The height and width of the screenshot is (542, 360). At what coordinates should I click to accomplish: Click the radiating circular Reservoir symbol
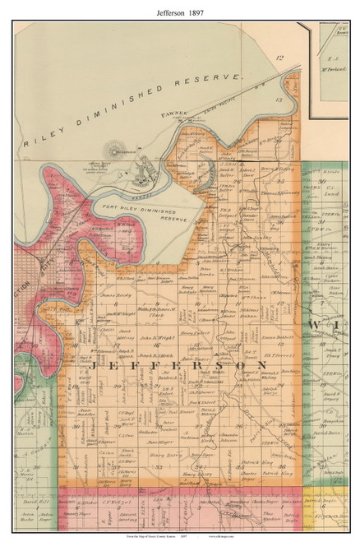coord(112,151)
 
